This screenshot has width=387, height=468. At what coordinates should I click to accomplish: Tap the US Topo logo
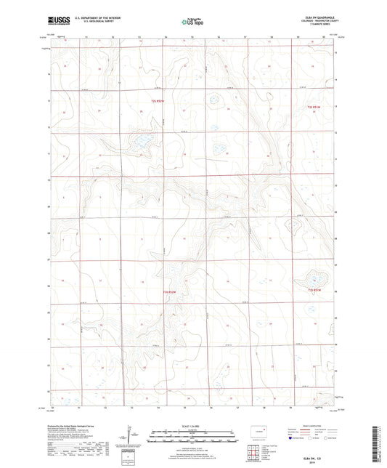point(190,22)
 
